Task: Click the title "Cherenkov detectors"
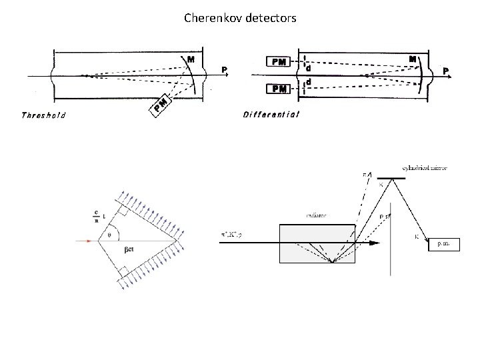coord(240,19)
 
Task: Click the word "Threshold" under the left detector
coord(44,115)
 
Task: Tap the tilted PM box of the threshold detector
coord(161,104)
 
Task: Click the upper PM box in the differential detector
coord(280,62)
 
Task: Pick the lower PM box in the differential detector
coord(280,89)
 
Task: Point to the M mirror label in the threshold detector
coord(191,59)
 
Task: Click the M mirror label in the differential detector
coord(413,59)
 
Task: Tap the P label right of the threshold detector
coord(225,69)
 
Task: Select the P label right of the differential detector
coord(446,69)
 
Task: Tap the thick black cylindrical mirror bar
coord(391,178)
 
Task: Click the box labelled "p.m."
coord(443,245)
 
